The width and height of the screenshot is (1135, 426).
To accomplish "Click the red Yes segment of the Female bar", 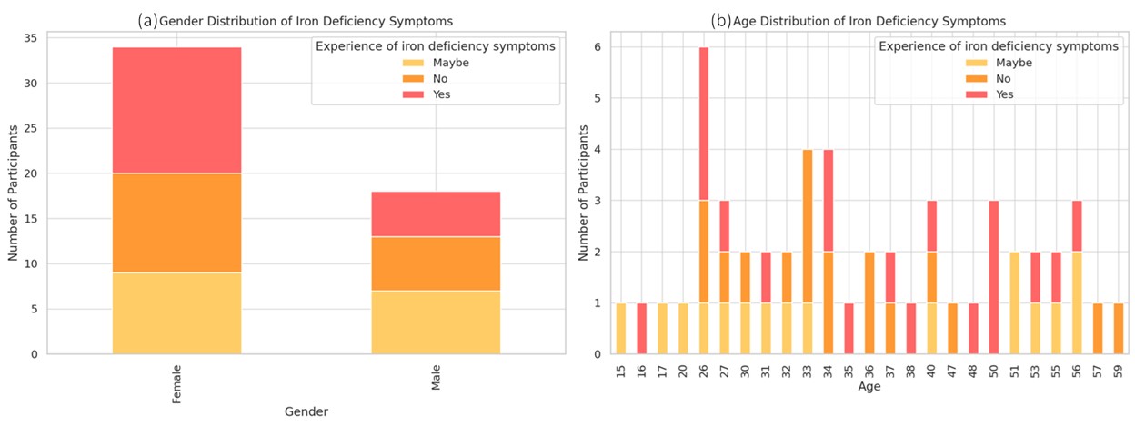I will (176, 110).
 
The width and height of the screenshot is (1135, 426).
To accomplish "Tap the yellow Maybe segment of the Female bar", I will (176, 313).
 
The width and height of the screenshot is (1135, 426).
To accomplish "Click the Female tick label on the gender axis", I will (176, 384).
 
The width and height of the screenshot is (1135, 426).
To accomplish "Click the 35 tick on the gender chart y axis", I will (31, 38).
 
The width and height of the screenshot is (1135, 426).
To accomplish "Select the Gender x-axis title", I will (306, 411).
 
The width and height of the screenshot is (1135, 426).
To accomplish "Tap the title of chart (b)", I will (859, 20).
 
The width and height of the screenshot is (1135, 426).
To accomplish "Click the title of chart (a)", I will (295, 20).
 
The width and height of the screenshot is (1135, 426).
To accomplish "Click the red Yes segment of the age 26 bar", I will (703, 124).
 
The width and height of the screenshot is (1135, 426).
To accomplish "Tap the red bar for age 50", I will (994, 277).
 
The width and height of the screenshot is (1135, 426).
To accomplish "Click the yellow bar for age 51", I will (1015, 302).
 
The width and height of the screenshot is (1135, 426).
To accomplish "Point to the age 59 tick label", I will (1118, 372).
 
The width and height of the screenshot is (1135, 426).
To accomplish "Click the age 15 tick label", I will (621, 372).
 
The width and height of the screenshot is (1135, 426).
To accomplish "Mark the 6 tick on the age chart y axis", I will (598, 47).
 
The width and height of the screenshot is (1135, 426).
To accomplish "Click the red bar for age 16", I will (641, 328).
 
